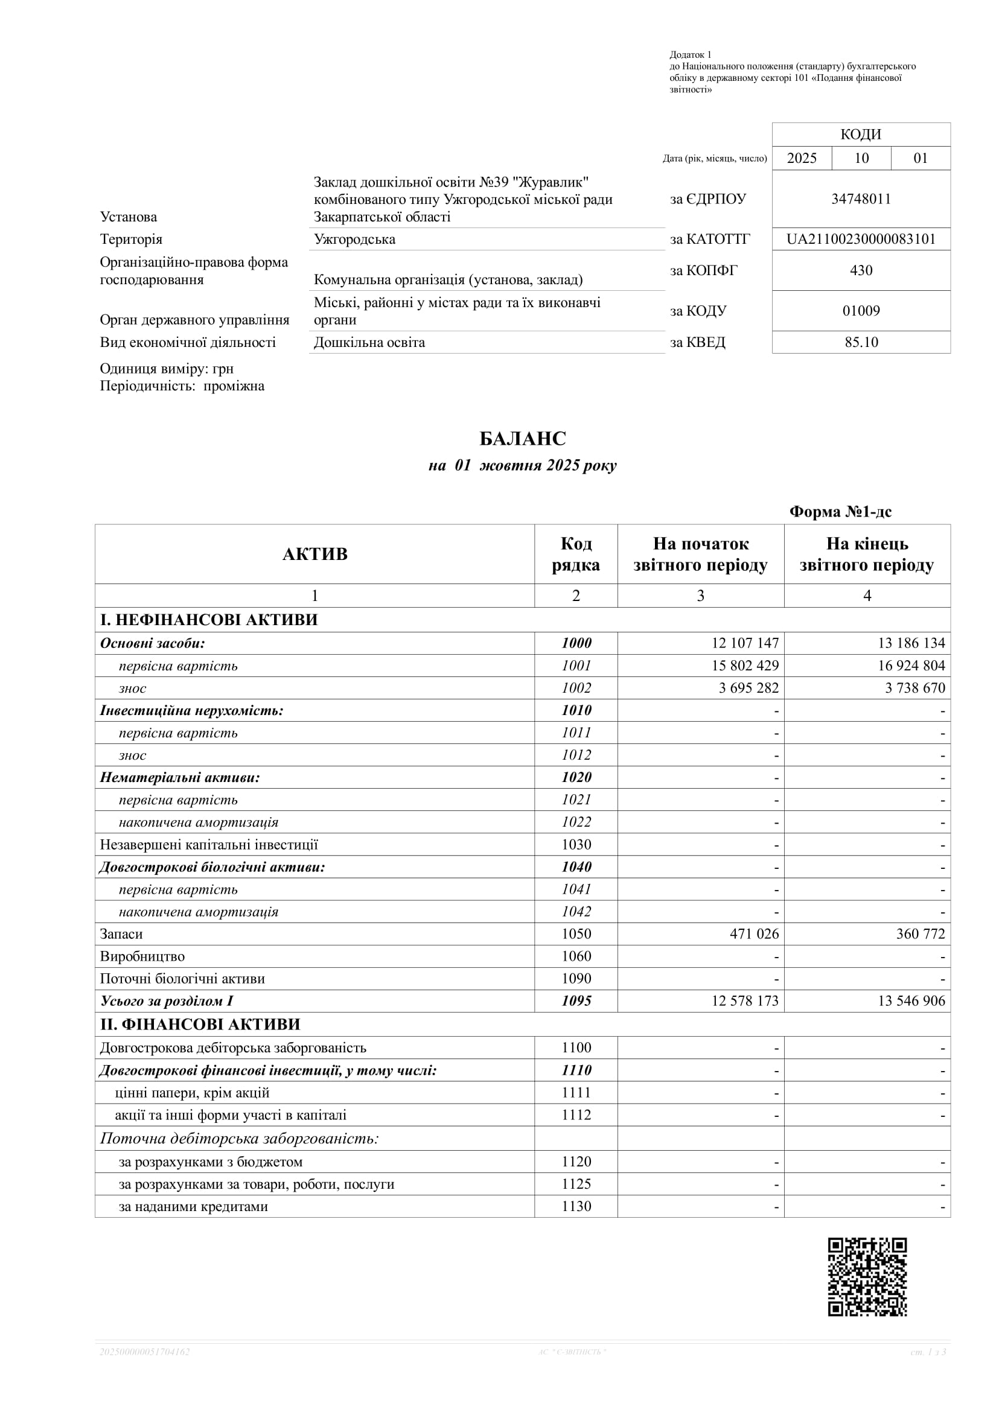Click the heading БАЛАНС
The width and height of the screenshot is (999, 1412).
click(x=522, y=439)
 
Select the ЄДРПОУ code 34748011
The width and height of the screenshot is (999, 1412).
click(x=861, y=199)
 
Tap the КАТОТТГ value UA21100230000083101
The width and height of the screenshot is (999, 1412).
click(x=861, y=239)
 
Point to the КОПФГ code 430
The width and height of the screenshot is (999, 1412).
click(x=861, y=270)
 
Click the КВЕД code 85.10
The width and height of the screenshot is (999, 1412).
click(x=861, y=343)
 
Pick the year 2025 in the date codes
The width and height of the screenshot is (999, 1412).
click(x=802, y=159)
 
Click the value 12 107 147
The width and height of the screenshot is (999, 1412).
click(x=745, y=643)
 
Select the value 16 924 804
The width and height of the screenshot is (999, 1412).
click(x=911, y=666)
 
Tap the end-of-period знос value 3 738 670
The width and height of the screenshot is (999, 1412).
click(x=914, y=688)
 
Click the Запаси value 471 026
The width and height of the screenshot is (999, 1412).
click(x=754, y=933)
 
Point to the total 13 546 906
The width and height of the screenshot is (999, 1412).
click(x=911, y=1001)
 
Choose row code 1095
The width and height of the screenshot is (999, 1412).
click(x=576, y=1001)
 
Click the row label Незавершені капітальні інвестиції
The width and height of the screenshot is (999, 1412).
click(x=209, y=845)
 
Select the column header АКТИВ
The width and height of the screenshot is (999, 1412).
click(x=315, y=555)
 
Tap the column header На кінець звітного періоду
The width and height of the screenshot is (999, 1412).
click(x=867, y=555)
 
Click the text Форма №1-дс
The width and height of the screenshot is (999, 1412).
click(x=840, y=512)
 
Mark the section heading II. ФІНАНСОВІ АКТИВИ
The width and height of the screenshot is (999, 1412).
click(x=200, y=1025)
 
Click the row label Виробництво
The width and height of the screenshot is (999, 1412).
click(x=142, y=956)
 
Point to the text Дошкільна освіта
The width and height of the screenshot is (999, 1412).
click(x=369, y=343)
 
